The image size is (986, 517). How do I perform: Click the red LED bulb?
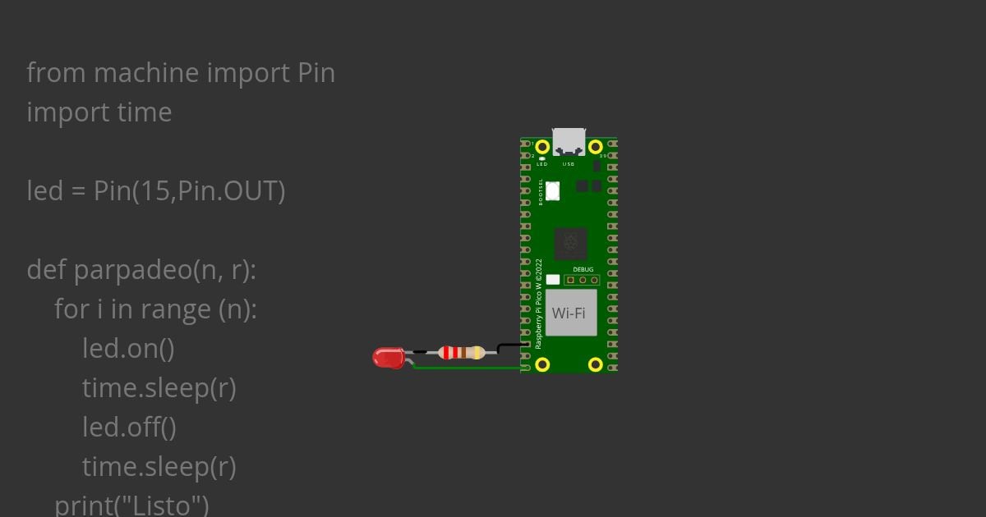[x=387, y=358]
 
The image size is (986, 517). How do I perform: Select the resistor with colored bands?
[x=461, y=353]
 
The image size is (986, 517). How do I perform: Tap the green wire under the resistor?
[x=464, y=368]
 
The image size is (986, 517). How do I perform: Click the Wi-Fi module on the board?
[x=570, y=313]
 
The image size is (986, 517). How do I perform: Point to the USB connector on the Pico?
[x=569, y=141]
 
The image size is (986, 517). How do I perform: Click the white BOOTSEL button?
[x=553, y=190]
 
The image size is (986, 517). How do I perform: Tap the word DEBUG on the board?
[x=583, y=269]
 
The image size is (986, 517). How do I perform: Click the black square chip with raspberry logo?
[x=570, y=243]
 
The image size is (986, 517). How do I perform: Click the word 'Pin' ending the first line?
[x=316, y=73]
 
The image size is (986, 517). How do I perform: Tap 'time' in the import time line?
[x=144, y=112]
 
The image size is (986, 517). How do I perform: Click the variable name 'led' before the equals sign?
[x=44, y=191]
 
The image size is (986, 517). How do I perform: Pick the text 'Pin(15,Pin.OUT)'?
[x=189, y=191]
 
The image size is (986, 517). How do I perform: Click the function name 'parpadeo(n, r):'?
[x=165, y=270]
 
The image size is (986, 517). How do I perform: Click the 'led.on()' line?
[x=128, y=349]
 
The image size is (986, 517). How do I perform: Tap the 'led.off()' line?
[x=129, y=428]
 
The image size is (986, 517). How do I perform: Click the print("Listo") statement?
[x=131, y=504]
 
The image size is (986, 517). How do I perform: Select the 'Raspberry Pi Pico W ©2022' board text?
[x=539, y=304]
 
